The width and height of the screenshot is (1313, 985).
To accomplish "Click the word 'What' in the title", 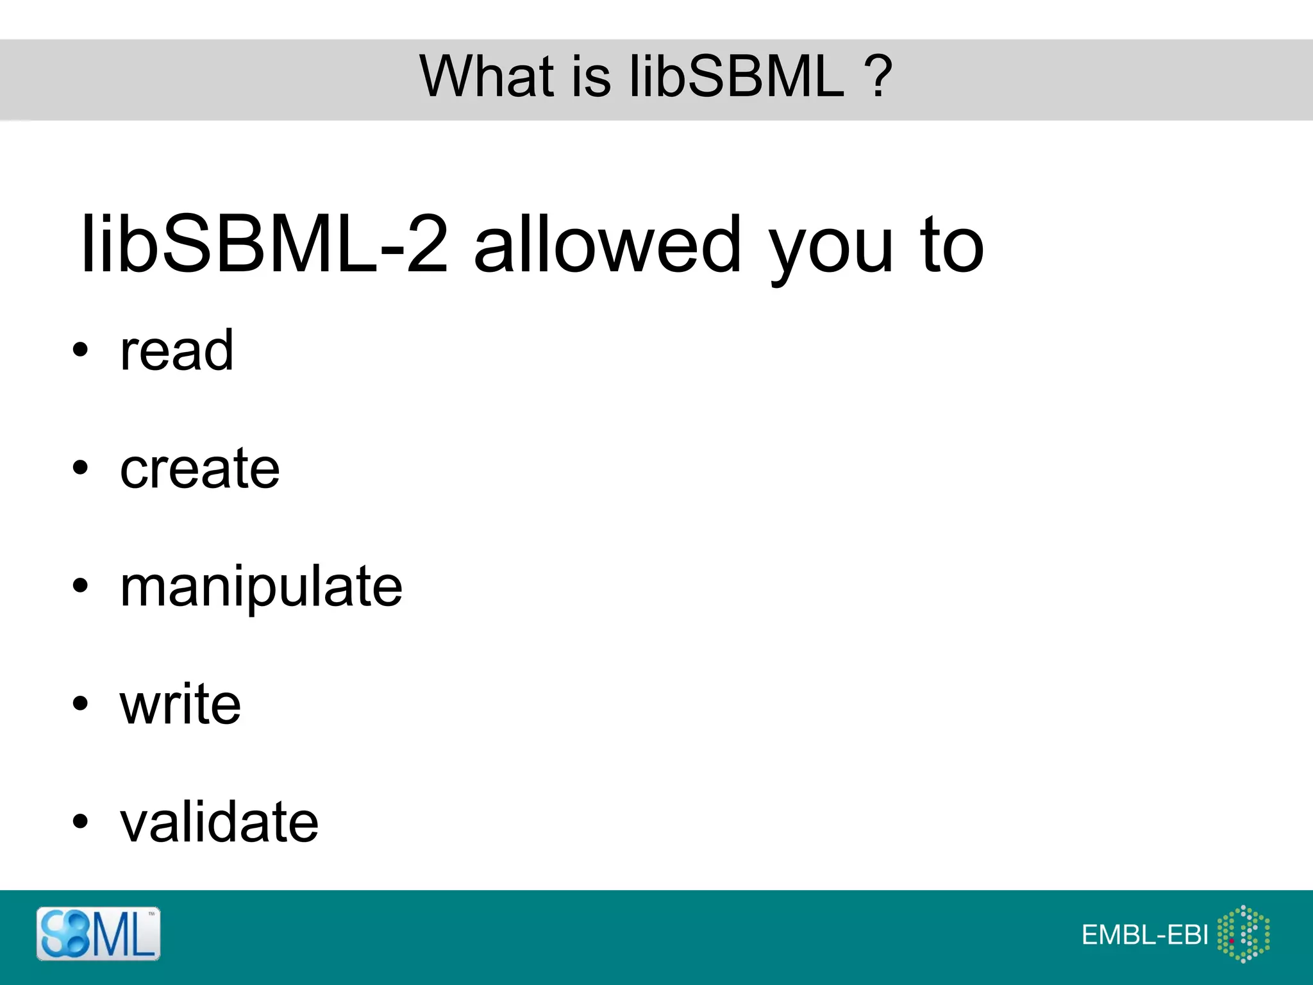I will pos(486,76).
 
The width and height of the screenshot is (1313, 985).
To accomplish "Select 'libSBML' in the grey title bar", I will pos(737,76).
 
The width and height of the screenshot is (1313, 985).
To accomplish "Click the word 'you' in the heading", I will pos(831,250).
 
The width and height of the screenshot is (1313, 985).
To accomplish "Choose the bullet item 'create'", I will pos(199,469).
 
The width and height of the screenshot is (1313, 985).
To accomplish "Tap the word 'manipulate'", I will pos(261,587).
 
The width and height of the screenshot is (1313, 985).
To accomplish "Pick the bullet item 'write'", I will pos(180,704).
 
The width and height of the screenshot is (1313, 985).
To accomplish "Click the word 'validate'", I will pos(219,822).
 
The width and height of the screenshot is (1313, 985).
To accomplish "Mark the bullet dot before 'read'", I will pos(80,350).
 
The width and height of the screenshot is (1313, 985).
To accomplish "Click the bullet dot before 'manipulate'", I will pos(80,585).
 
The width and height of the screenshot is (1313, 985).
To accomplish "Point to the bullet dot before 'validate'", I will pos(80,821).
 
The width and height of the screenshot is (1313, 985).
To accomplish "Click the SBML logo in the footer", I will pos(98,934).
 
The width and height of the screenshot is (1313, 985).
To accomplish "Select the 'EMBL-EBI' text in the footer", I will pos(1144,935).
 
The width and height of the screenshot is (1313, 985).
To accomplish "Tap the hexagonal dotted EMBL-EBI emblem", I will pos(1243,934).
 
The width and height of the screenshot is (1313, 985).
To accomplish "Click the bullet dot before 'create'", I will pos(80,467).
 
